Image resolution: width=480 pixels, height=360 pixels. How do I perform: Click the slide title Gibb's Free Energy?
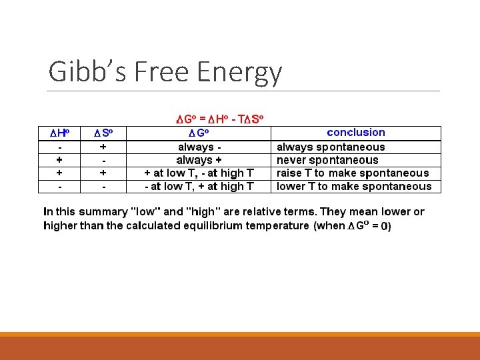pos(165,72)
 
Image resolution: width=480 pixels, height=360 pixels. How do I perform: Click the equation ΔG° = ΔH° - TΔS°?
pos(220,119)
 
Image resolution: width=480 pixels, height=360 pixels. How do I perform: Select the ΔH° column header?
pos(61,133)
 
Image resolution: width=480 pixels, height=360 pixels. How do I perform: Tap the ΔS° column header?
pos(104,133)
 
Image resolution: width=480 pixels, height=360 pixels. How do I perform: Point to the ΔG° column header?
pos(199,133)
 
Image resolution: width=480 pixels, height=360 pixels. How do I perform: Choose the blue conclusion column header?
pos(356,133)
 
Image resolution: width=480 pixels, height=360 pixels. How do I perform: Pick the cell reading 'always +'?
pos(199,160)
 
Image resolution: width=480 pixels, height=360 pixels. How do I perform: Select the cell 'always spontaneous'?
pos(331,147)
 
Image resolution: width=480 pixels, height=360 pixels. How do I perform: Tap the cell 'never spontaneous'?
pos(327,160)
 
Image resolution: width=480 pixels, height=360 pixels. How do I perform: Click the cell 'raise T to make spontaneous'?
pos(353,173)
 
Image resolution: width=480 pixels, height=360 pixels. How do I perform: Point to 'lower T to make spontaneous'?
pos(354,187)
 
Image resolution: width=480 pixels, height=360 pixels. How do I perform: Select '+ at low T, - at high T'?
pos(199,173)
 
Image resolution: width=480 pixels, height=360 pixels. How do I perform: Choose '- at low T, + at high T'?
pos(199,187)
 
